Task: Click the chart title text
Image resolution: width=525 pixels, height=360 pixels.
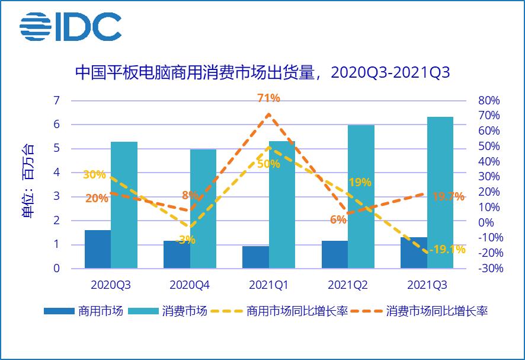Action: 262,73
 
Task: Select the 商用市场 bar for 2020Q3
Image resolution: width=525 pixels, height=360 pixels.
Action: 98,249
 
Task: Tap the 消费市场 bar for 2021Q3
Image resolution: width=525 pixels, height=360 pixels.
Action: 440,193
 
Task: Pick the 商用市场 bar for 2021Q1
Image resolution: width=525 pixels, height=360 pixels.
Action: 255,257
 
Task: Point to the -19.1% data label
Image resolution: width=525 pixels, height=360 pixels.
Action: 448,250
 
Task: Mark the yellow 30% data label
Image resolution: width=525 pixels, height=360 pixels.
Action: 94,175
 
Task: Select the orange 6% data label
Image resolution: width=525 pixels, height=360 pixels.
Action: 338,219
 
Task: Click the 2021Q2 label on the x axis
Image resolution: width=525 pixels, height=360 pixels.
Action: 347,285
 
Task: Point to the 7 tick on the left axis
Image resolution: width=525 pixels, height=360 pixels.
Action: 57,100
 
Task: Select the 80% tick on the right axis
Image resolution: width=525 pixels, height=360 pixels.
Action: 489,100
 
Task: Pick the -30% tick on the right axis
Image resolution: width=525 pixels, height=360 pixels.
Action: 489,269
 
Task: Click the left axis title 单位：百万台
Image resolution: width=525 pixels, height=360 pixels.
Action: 28,181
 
